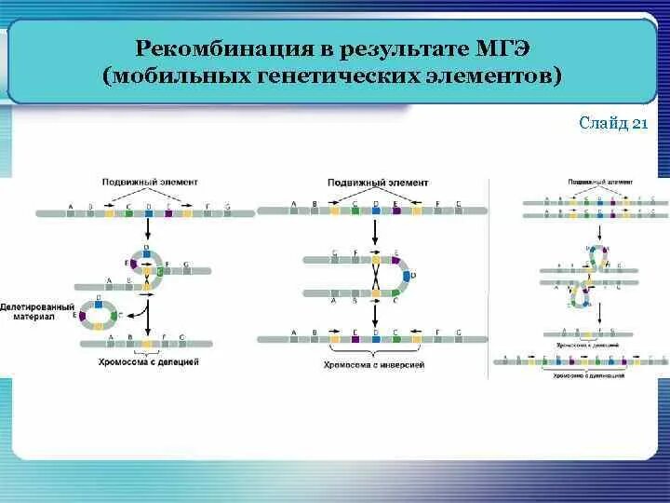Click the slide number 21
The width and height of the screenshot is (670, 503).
pyautogui.click(x=639, y=125)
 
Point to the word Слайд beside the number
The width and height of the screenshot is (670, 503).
pyautogui.click(x=603, y=125)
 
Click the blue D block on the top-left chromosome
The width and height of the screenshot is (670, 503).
pyautogui.click(x=148, y=213)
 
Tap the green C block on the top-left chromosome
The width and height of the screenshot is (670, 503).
pyautogui.click(x=128, y=213)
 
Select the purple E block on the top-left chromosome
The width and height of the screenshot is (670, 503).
pyautogui.click(x=168, y=213)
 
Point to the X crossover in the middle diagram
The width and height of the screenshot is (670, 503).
pyautogui.click(x=373, y=277)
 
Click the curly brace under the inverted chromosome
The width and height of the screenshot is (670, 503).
pyautogui.click(x=373, y=352)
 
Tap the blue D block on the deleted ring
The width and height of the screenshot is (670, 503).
pyautogui.click(x=100, y=303)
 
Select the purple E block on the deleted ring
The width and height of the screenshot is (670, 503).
pyautogui.click(x=85, y=317)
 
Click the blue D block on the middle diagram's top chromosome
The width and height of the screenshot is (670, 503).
pyautogui.click(x=375, y=211)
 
